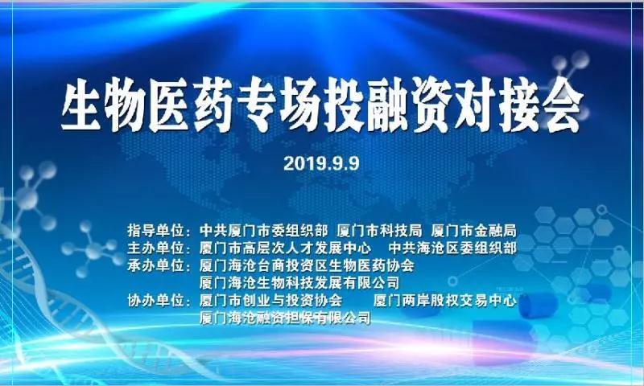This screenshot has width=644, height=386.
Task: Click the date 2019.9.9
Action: click(x=321, y=163)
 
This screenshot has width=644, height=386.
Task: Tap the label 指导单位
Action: click(x=155, y=231)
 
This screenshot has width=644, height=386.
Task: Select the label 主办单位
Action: click(x=155, y=248)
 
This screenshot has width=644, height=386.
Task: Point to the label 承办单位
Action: click(x=155, y=265)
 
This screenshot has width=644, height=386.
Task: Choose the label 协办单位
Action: click(x=155, y=301)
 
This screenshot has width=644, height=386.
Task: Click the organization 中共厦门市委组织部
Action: click(x=264, y=231)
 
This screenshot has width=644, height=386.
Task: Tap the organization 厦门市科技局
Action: click(x=379, y=231)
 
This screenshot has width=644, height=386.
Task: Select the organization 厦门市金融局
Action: click(x=473, y=231)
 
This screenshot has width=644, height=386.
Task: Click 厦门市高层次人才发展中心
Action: click(x=286, y=248)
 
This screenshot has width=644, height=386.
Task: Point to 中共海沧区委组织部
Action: click(x=452, y=248)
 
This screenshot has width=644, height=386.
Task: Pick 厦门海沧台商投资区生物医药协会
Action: click(x=307, y=265)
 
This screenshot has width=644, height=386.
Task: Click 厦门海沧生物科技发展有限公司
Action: click(x=299, y=282)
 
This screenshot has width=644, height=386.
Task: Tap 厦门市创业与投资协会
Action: click(x=270, y=301)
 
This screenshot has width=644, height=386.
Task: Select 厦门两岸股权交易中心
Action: click(x=445, y=301)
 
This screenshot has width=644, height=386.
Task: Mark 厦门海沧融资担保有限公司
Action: click(x=285, y=318)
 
